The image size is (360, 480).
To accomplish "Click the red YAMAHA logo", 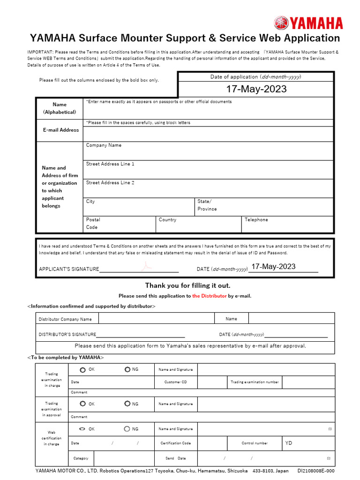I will point(308,23).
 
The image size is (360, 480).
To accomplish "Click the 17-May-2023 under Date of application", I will point(256,89).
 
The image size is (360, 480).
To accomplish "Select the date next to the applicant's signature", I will point(273,267).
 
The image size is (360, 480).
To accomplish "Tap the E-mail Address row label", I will point(60,130).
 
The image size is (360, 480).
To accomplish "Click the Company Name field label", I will point(104,145).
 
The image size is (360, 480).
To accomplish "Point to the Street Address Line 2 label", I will point(110,183).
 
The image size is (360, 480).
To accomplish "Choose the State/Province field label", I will point(207,205).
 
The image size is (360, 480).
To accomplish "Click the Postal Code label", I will point(93,223).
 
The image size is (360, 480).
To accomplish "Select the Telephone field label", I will point(256,220).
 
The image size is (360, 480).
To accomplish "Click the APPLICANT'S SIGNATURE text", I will point(69,269).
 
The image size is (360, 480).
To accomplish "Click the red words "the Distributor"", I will point(209,296).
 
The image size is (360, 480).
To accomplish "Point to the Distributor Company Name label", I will point(65,319).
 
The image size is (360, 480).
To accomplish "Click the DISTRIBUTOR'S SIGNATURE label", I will point(67,335).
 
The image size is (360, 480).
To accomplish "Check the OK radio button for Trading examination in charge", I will point(82,370).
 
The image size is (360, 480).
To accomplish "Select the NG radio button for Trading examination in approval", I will point(127,404).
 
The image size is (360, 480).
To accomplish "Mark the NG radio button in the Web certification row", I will point(127,429).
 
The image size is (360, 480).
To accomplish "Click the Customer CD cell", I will point(176,382).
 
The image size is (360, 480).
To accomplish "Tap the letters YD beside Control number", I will point(289,443).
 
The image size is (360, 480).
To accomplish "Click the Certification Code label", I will point(176,443).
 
